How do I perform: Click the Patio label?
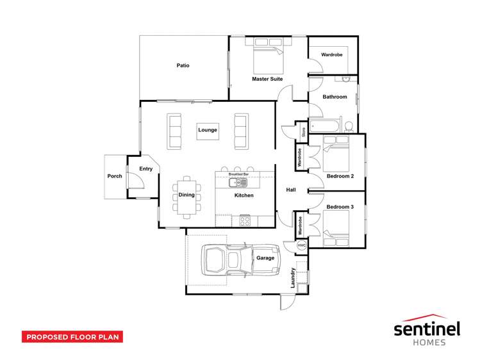(183, 65)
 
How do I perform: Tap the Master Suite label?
(267, 79)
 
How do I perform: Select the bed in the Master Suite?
(269, 56)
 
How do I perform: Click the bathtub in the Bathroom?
(324, 126)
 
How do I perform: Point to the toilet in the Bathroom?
(349, 127)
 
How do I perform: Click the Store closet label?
(304, 132)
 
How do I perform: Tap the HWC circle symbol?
(302, 245)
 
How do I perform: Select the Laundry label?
(293, 278)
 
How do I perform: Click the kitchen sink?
(238, 183)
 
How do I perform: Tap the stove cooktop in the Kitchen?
(245, 221)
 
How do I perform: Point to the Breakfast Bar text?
(238, 174)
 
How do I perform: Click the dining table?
(186, 197)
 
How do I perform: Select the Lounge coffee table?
(208, 131)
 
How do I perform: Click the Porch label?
(115, 176)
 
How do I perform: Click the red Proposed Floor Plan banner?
(72, 337)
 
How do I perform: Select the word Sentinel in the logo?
(427, 329)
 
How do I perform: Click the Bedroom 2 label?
(340, 176)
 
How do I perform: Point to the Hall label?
(291, 190)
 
